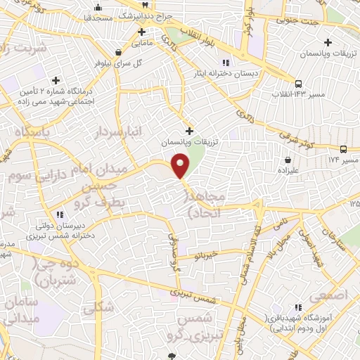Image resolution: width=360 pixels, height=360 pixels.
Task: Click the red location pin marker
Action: [x=181, y=166]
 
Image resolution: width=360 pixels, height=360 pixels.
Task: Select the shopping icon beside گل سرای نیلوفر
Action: [x=117, y=51]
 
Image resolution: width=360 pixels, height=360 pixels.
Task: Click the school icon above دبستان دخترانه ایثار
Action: [x=225, y=62]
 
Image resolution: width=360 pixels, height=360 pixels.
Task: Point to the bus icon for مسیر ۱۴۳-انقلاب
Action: [x=299, y=82]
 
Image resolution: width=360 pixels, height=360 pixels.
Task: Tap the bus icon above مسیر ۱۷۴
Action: [x=343, y=149]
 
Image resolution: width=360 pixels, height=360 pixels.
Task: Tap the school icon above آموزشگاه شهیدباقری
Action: [x=300, y=308]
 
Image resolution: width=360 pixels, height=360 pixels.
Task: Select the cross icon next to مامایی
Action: [x=141, y=32]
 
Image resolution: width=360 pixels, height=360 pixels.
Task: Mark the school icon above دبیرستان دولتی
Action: [x=60, y=214]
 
